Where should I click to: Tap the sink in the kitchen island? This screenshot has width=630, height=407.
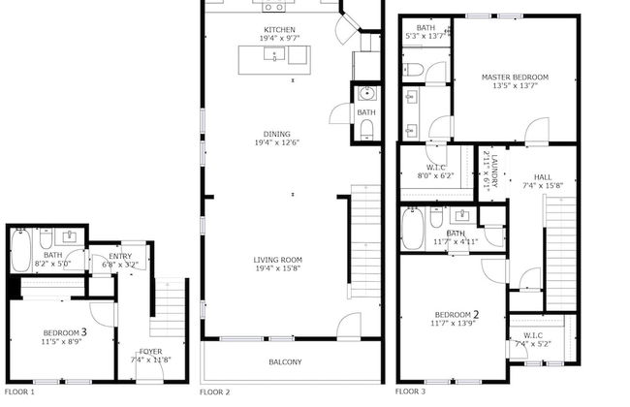pos(275,57)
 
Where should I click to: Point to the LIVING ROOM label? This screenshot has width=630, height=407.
pos(278,259)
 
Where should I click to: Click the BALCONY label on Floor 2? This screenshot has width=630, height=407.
pos(285,362)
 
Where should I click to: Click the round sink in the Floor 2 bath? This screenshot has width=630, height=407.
pos(365,94)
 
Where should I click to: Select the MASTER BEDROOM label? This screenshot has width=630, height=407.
pos(516,77)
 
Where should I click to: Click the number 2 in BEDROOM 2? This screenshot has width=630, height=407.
pos(476,314)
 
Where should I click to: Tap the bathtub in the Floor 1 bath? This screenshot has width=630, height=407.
pos(21,252)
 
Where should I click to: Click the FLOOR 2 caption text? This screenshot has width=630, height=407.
pos(214,392)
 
